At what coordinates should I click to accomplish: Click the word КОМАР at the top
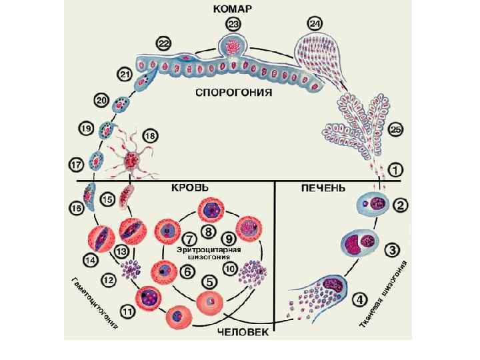(x=233, y=10)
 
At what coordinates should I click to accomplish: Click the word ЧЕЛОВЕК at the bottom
(x=242, y=331)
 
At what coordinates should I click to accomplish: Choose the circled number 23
(x=233, y=25)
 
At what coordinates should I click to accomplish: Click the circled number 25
(x=396, y=130)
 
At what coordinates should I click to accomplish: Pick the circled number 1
(x=396, y=170)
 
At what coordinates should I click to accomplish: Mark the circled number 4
(x=359, y=299)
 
